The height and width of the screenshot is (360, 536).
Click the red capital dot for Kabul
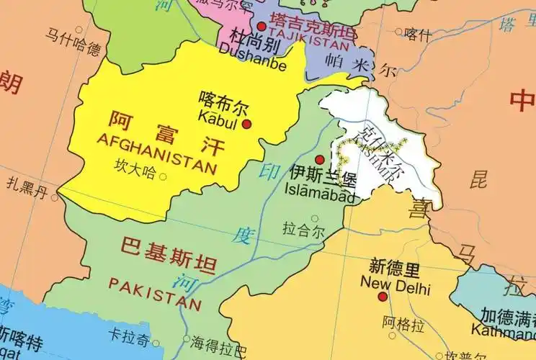246,124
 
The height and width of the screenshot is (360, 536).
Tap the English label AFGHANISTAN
156,152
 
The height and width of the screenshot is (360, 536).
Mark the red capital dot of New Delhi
383,296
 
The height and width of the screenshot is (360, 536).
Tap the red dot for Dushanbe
261,26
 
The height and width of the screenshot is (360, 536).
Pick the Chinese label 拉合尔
303,231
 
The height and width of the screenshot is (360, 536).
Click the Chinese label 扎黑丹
27,192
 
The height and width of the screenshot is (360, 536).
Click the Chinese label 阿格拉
403,323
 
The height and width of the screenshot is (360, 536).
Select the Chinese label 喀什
418,34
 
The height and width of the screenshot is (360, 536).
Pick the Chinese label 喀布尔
222,104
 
